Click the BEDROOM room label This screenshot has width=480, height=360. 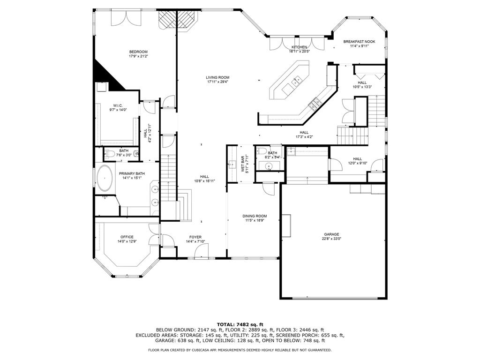(x=138, y=52)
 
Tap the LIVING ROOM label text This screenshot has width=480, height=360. (x=217, y=77)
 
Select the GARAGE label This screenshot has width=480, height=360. (x=331, y=234)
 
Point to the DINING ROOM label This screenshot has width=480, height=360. (x=255, y=216)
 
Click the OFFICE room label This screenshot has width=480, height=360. (x=127, y=237)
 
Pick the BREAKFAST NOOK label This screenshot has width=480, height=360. (x=359, y=42)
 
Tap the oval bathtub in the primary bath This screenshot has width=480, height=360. (x=105, y=179)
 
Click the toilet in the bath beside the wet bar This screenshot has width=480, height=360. (x=262, y=150)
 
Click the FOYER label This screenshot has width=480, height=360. (x=195, y=237)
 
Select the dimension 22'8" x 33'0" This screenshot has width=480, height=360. (x=331, y=239)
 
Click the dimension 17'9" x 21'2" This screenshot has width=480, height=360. (x=138, y=56)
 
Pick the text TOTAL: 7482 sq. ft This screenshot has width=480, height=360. (x=240, y=324)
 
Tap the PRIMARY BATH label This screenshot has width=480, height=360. (x=132, y=173)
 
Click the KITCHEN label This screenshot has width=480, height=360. (x=300, y=47)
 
